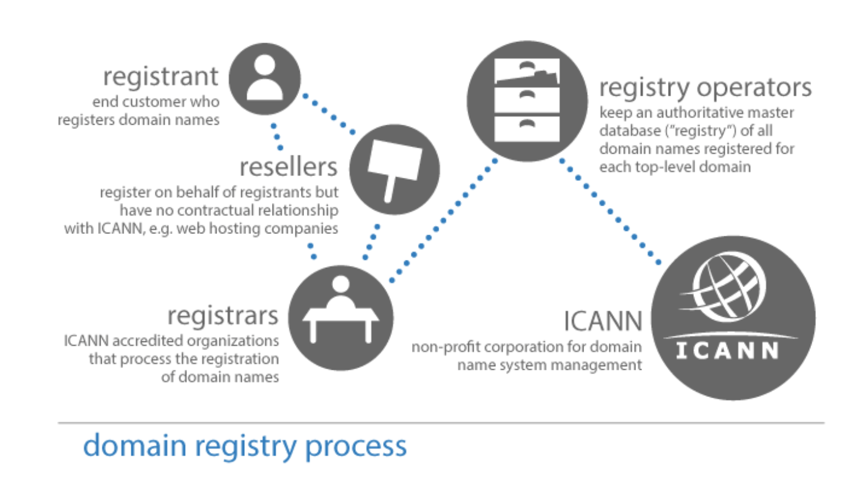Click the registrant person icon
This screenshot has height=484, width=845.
265,79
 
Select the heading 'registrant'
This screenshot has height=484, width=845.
160,77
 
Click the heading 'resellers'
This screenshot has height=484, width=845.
289,167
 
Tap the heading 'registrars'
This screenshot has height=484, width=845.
223,315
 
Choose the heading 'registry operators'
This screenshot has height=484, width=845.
705,88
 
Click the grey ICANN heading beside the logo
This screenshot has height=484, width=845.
603,321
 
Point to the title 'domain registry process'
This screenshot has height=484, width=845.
245,446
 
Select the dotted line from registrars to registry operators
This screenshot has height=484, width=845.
444,219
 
